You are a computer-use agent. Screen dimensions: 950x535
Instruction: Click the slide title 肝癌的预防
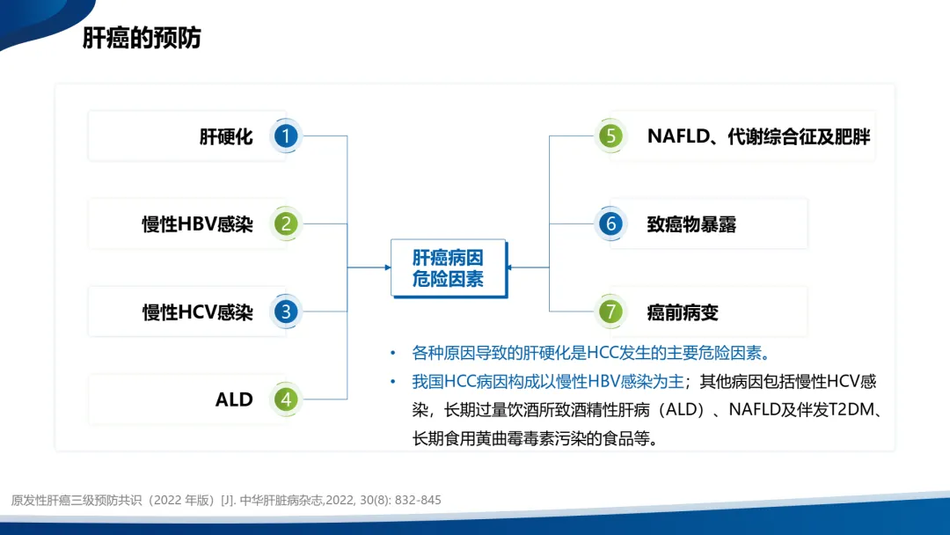point(142,38)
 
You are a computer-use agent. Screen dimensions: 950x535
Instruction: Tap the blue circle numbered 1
point(286,136)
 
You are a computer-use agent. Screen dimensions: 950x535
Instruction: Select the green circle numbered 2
point(286,224)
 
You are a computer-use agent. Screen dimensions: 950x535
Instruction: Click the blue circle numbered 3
point(286,311)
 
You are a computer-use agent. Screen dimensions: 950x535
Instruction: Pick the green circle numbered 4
point(286,399)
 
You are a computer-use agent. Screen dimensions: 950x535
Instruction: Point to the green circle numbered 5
point(610,136)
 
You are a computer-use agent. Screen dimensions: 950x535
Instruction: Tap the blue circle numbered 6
point(610,224)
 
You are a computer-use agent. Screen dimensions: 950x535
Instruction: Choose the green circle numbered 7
point(610,311)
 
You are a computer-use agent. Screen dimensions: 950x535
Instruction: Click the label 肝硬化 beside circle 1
point(226,136)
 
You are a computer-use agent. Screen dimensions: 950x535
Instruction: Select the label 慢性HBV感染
point(198,224)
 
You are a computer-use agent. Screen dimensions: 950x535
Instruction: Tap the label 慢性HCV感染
point(198,312)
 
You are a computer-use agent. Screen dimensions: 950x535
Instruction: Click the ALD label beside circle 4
point(234,399)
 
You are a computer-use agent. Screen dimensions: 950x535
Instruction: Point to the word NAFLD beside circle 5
point(678,136)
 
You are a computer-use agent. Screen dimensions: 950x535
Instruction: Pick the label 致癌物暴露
point(691,224)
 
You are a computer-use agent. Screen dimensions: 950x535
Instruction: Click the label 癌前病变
point(683,312)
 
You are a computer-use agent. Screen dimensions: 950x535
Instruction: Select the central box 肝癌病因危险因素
point(449,267)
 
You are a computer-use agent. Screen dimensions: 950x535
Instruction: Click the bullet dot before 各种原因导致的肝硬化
point(392,353)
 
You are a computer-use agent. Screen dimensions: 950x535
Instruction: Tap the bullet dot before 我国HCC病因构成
point(392,381)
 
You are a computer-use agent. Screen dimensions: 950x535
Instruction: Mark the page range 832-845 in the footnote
point(418,500)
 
